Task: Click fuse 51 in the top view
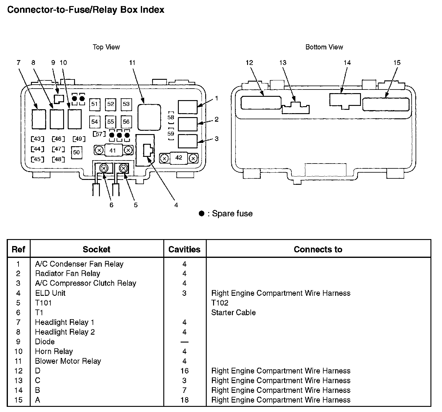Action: pos(95,104)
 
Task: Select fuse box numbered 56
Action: pos(126,122)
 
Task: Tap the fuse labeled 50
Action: pos(76,152)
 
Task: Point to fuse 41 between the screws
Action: pos(113,150)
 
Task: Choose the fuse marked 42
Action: pos(179,158)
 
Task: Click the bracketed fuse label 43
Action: pos(37,139)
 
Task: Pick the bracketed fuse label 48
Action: pos(58,159)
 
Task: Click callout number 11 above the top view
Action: pos(132,63)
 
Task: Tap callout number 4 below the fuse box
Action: pos(176,205)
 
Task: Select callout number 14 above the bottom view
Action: pos(347,63)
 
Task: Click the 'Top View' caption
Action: pos(106,47)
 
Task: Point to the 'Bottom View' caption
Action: pos(324,47)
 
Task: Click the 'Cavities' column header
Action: pos(184,249)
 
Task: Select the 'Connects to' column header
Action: pos(318,249)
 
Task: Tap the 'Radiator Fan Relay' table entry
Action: pos(68,273)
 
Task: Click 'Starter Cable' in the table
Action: pos(233,312)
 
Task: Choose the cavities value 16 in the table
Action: pos(184,371)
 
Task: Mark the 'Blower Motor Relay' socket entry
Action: pos(68,361)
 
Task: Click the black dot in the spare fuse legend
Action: pos(201,214)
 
